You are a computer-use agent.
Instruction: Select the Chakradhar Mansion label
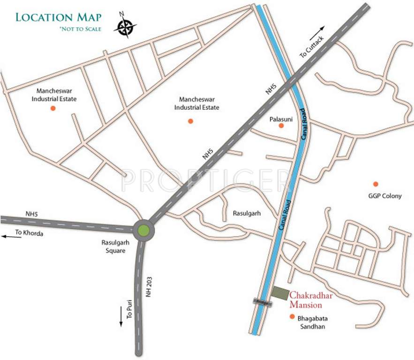click(309, 300)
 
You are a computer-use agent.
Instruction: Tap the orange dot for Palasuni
click(281, 126)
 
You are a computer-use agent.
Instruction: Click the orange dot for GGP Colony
click(375, 183)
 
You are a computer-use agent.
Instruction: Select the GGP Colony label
click(385, 196)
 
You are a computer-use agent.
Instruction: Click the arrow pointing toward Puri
click(121, 319)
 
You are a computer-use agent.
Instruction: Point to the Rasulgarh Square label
click(113, 247)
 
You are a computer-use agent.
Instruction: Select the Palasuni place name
click(281, 120)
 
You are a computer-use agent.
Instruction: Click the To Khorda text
click(29, 232)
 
